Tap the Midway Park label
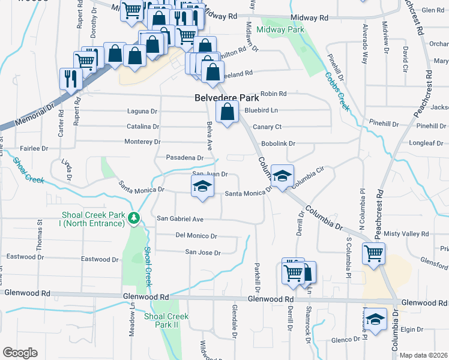click(x=280, y=29)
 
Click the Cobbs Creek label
click(x=337, y=91)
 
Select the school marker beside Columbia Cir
click(x=282, y=175)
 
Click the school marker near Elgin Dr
click(x=376, y=318)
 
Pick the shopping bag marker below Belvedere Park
click(x=226, y=112)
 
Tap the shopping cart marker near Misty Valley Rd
click(x=373, y=253)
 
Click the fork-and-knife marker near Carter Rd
click(x=71, y=77)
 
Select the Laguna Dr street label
click(x=142, y=111)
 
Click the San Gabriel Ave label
click(x=180, y=219)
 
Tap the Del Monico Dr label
click(x=196, y=236)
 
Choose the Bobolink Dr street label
click(x=279, y=143)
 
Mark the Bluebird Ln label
click(x=262, y=110)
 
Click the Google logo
click(x=20, y=352)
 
